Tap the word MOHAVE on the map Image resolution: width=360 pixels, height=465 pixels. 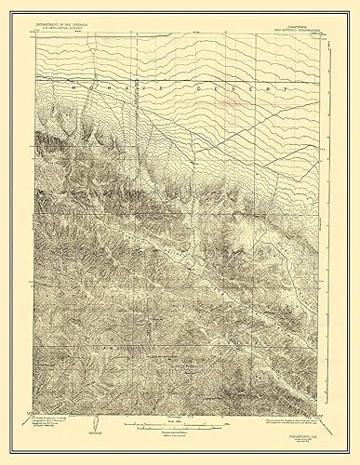(112, 90)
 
